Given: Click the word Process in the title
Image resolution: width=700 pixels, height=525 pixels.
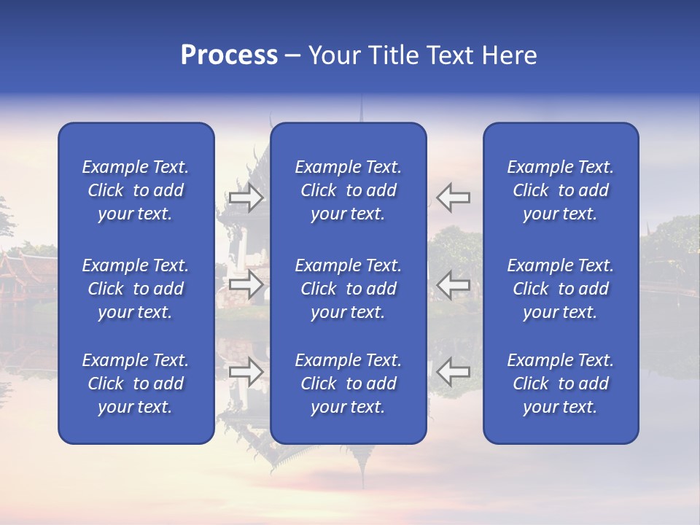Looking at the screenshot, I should (x=229, y=55).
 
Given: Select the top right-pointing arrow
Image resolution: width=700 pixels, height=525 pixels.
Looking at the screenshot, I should (x=246, y=197).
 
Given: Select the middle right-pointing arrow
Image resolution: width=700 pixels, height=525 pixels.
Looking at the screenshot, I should (x=246, y=284).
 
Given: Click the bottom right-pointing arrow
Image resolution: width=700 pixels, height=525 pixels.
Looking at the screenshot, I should (x=246, y=372).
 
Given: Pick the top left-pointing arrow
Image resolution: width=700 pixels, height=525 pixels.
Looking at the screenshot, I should (x=453, y=197).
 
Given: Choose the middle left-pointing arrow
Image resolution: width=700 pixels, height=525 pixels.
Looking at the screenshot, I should (x=453, y=284).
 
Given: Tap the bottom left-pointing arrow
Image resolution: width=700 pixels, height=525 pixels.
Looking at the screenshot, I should (x=453, y=372).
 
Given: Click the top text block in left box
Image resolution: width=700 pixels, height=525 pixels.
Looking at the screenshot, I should (x=136, y=190).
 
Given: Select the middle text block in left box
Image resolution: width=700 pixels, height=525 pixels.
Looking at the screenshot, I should (x=136, y=289).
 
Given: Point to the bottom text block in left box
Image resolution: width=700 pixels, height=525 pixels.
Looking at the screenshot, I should (x=136, y=384).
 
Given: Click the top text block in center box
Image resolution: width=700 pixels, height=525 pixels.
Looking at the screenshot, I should (x=349, y=190).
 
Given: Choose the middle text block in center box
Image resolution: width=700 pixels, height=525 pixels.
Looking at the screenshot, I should (x=349, y=289).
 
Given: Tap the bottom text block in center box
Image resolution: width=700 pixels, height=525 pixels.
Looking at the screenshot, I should (x=349, y=384).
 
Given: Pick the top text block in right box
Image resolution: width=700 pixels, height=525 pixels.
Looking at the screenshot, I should (x=561, y=190).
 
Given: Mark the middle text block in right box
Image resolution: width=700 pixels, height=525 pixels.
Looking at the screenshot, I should (x=561, y=289).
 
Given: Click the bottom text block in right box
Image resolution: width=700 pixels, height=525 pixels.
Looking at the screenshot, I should (x=561, y=384).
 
